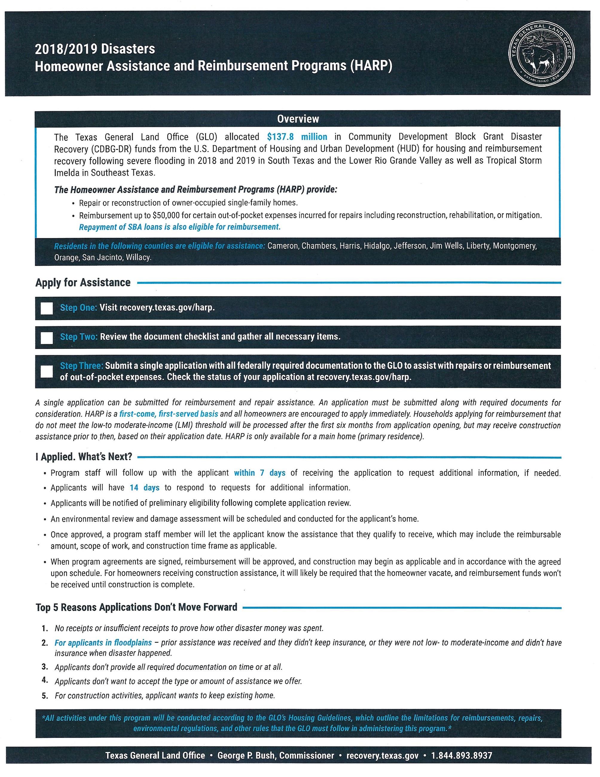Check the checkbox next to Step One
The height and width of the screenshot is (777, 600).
pyautogui.click(x=47, y=308)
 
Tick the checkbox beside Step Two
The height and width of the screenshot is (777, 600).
pyautogui.click(x=47, y=338)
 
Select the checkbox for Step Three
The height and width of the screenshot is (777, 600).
pyautogui.click(x=47, y=371)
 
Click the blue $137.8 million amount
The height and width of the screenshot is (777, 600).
pyautogui.click(x=297, y=137)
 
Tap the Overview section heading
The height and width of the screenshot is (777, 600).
pyautogui.click(x=298, y=119)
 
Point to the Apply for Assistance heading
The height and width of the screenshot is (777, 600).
pyautogui.click(x=83, y=282)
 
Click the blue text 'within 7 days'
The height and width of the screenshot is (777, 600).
pyautogui.click(x=259, y=473)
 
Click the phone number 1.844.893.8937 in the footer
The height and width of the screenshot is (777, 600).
pyautogui.click(x=462, y=755)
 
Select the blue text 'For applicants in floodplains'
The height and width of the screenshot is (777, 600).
pyautogui.click(x=103, y=643)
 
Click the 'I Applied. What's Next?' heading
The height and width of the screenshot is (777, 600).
pyautogui.click(x=84, y=457)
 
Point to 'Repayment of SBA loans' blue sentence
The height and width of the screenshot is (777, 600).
pyautogui.click(x=180, y=227)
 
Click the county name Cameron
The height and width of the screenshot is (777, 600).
pyautogui.click(x=283, y=246)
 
